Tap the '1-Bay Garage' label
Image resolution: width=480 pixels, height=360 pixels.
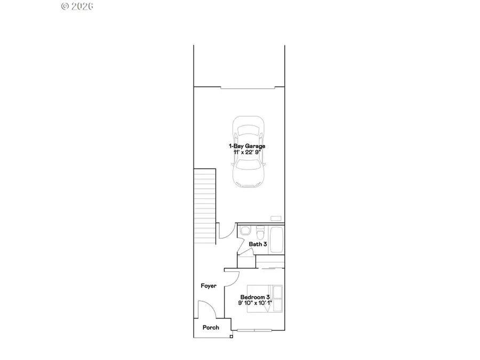click(247, 146)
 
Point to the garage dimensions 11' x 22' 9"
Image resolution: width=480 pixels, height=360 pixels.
click(247, 152)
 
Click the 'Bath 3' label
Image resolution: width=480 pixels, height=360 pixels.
click(258, 244)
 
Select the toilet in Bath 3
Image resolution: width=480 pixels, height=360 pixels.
click(260, 233)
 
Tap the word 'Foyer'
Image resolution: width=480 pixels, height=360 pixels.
click(209, 286)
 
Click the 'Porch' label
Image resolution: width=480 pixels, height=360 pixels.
click(211, 327)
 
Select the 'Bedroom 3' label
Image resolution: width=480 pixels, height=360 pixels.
click(255, 297)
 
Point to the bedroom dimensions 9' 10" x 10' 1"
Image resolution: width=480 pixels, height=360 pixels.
click(255, 303)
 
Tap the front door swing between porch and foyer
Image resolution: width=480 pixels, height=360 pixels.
click(205, 309)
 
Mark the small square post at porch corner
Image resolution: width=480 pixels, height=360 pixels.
click(231, 337)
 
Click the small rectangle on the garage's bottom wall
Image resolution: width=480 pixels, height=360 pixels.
click(276, 218)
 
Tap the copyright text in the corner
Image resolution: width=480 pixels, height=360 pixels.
click(77, 6)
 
